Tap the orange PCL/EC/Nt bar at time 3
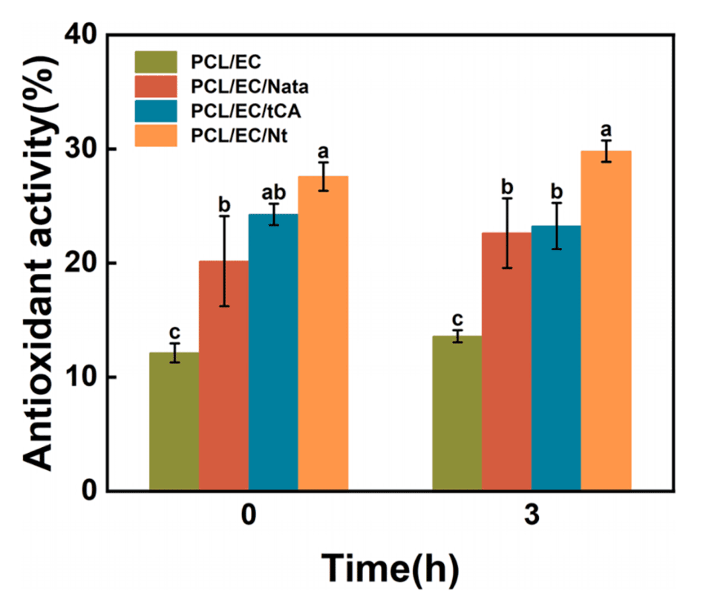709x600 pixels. pos(606,320)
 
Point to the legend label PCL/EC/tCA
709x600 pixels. pos(237,111)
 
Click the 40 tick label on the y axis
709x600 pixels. pos(82,35)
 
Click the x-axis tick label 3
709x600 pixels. pos(532,518)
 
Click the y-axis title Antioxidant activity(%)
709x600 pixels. pos(43,263)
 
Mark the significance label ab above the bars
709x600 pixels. pos(273,192)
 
